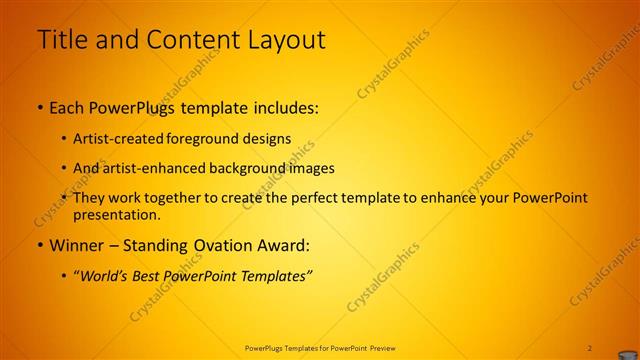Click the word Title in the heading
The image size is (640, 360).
point(59,40)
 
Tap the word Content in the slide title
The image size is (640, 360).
point(190,40)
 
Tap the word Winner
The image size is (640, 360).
point(74,245)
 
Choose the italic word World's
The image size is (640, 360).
point(103,275)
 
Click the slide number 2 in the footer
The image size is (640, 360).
point(590,347)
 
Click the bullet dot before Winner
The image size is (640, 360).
point(40,245)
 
